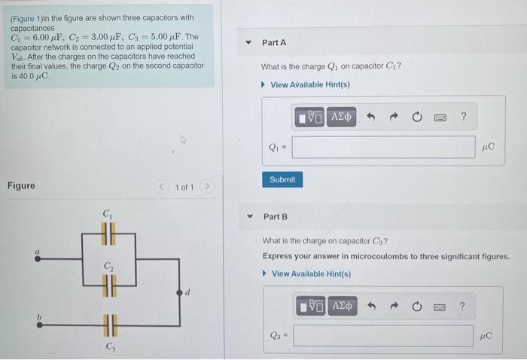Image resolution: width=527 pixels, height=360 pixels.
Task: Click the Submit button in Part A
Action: click(282, 179)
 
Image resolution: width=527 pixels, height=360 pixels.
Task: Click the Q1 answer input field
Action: click(383, 147)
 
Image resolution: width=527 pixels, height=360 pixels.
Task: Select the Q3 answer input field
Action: click(383, 335)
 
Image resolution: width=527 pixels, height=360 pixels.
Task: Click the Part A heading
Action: click(274, 44)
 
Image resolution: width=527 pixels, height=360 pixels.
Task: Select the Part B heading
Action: click(276, 217)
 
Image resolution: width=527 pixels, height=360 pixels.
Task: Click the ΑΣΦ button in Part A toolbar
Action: click(341, 117)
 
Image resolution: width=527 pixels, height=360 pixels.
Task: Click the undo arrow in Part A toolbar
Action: click(370, 117)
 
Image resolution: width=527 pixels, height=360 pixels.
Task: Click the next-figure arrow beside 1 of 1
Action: click(209, 187)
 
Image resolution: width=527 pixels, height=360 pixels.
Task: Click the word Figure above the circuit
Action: click(21, 185)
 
